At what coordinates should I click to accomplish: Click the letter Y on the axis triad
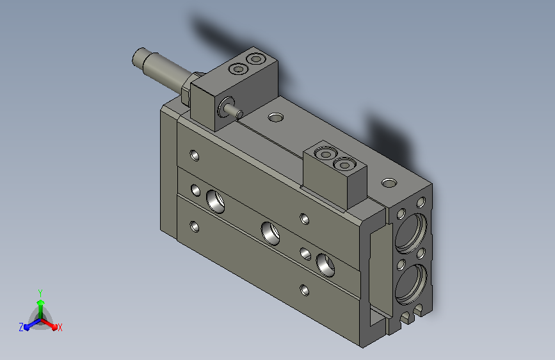click(x=40, y=293)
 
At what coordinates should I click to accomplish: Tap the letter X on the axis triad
click(x=60, y=327)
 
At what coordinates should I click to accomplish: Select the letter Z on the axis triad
click(x=21, y=327)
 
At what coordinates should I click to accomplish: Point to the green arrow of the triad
click(x=41, y=309)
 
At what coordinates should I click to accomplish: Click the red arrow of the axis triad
click(x=49, y=324)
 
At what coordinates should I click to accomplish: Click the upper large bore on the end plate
click(x=410, y=233)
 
